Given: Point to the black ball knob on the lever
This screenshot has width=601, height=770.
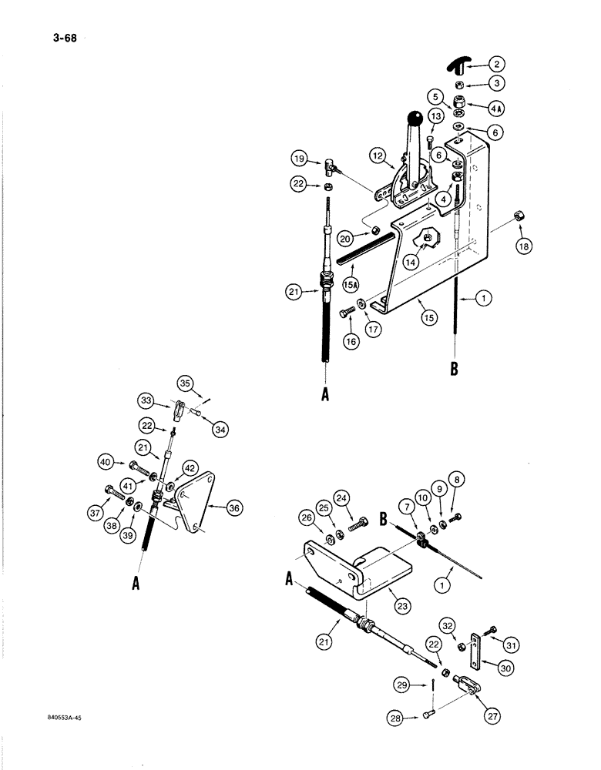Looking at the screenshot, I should [416, 118].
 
